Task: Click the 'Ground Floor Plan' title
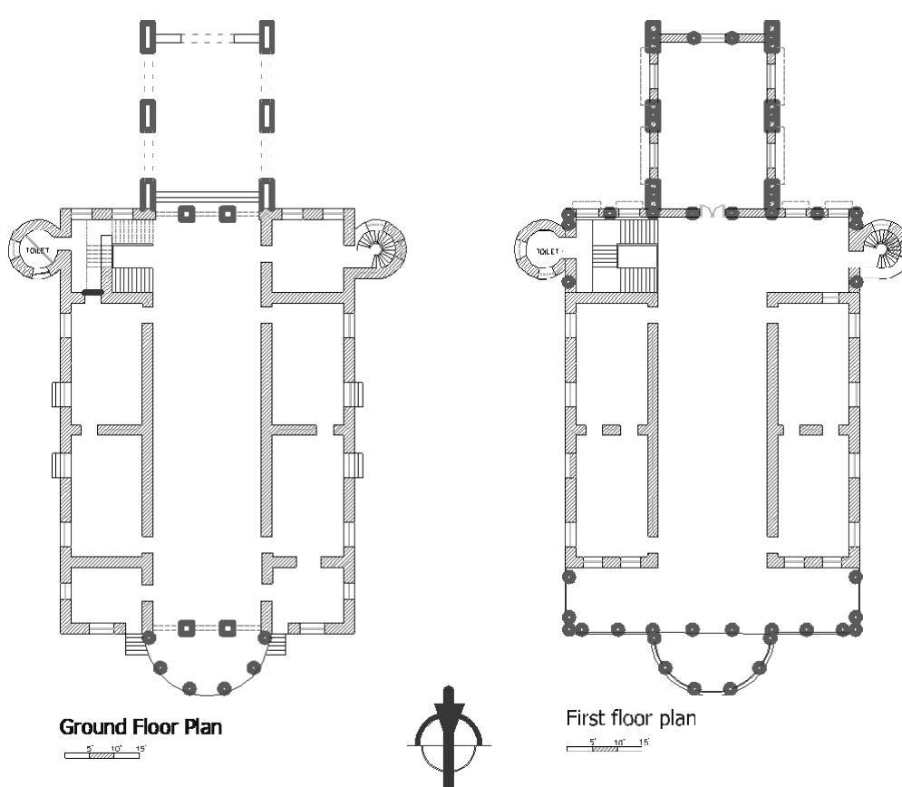coord(141,726)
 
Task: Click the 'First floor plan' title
coord(631,719)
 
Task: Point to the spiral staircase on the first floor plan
coord(884,246)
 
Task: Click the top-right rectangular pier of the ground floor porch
coord(267,37)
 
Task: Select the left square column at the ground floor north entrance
coord(187,214)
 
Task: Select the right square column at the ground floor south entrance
coord(227,627)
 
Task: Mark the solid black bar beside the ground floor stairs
coord(92,292)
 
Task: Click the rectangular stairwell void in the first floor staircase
coord(630,257)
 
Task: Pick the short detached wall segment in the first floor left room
coord(611,429)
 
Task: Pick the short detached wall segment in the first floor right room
coord(810,429)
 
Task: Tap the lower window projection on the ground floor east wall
coord(355,464)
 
